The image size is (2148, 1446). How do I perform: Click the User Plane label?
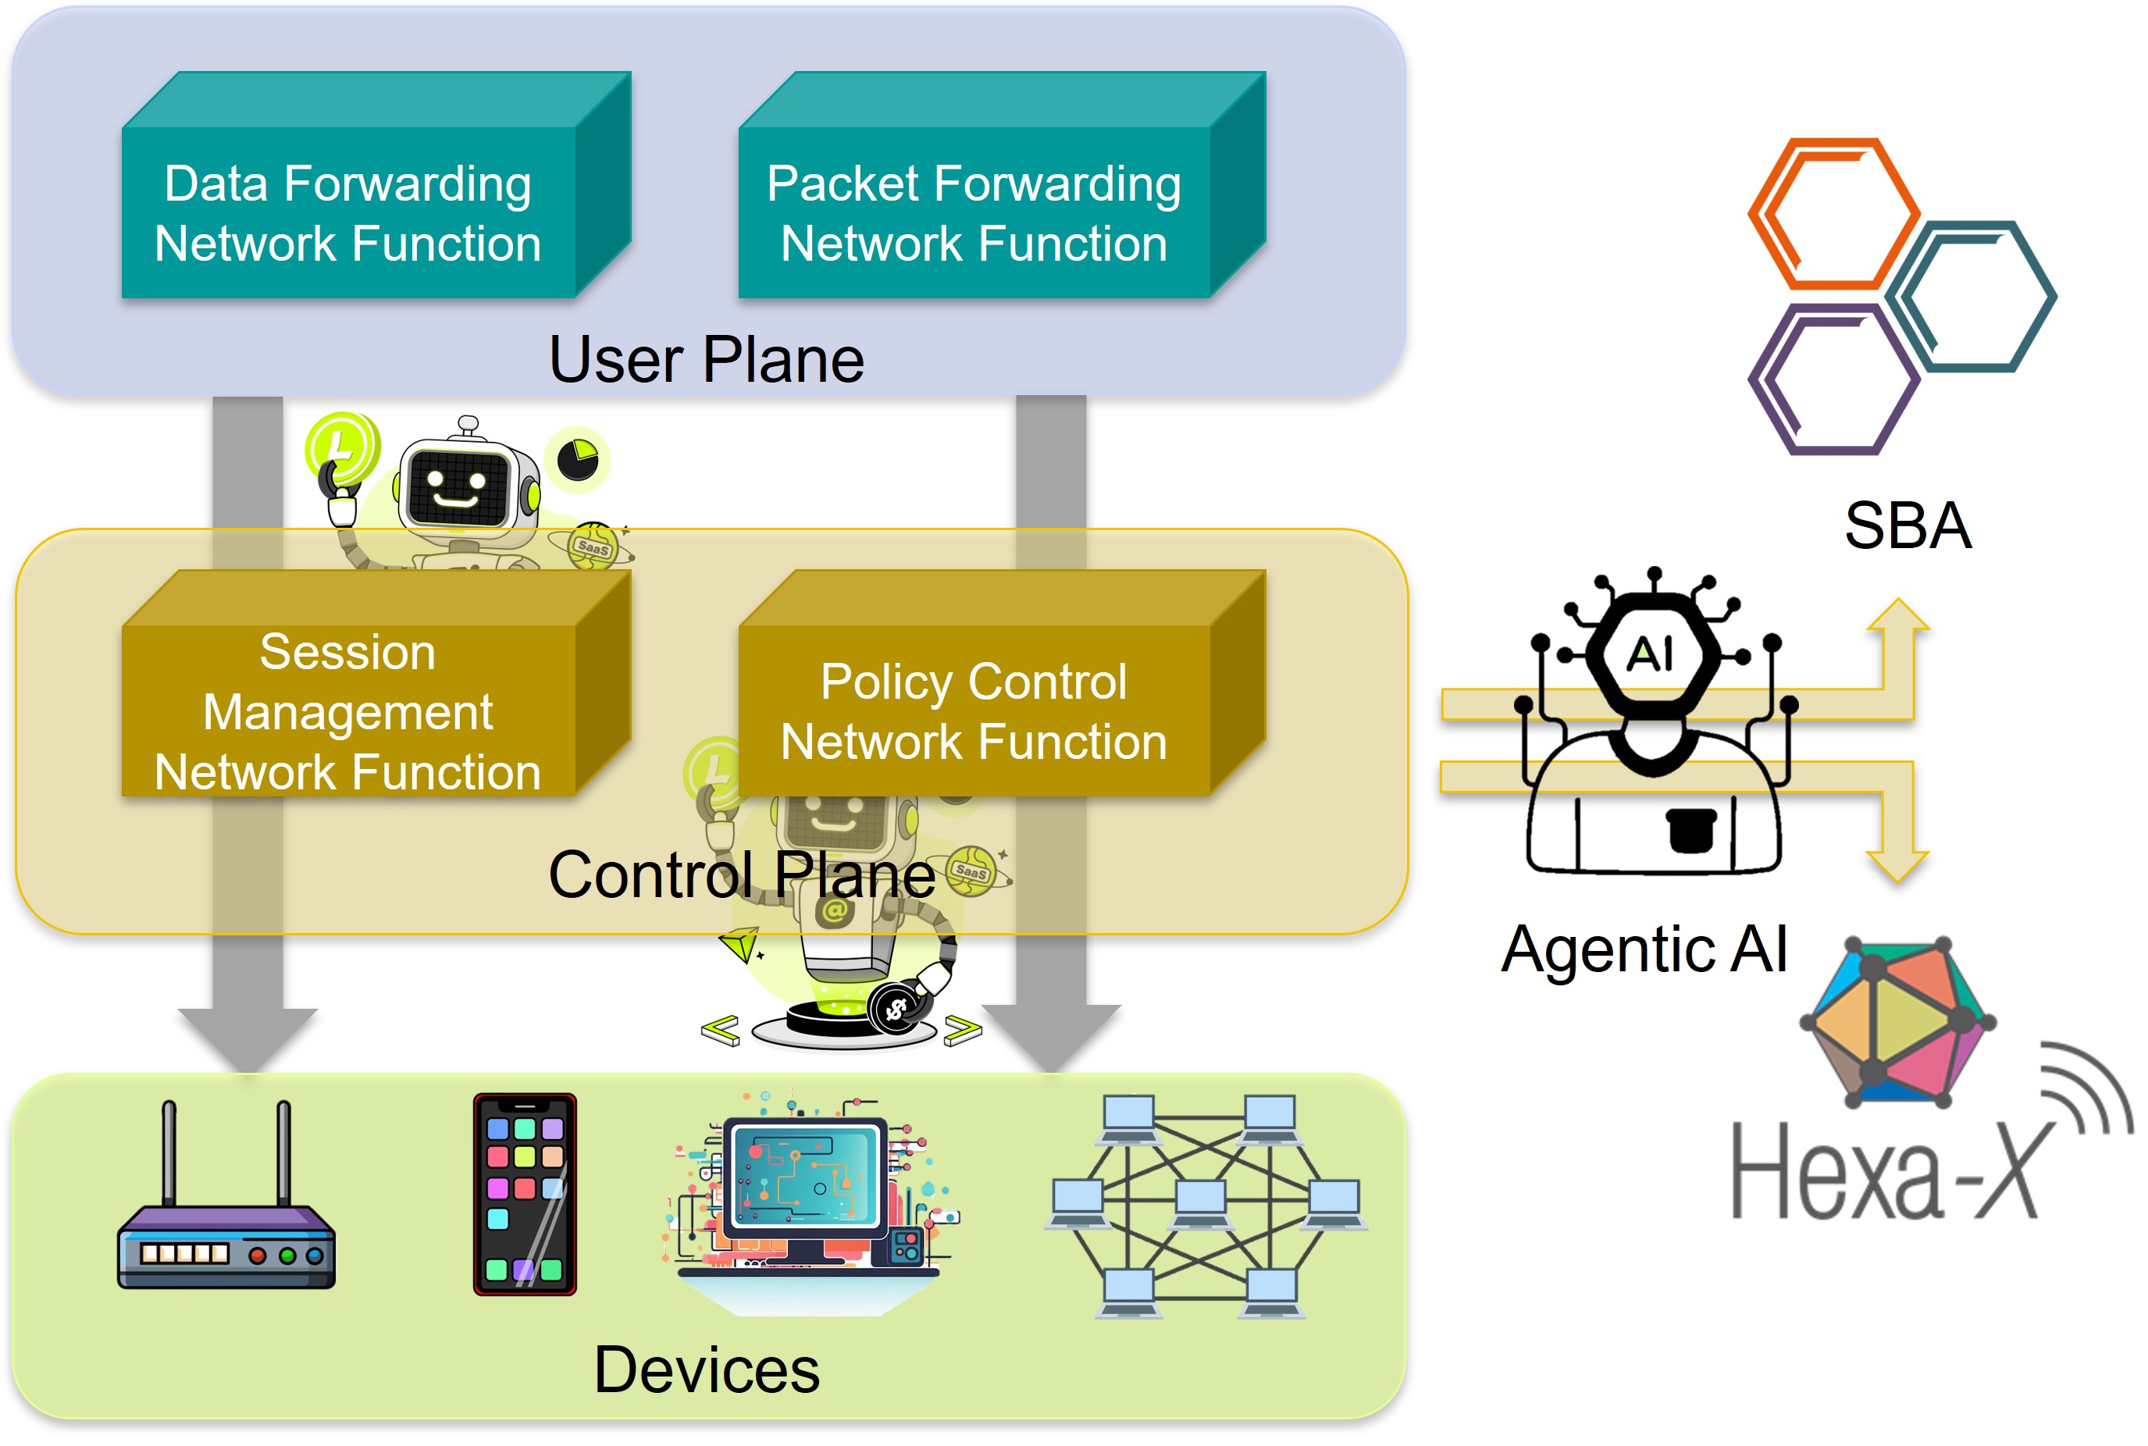click(x=707, y=360)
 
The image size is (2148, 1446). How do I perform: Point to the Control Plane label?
click(x=742, y=874)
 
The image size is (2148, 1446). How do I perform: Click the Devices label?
click(x=707, y=1369)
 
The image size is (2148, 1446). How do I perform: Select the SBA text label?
click(x=1908, y=525)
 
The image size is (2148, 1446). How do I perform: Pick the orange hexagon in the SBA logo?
click(x=1833, y=214)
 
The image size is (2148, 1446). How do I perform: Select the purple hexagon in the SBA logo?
click(x=1833, y=380)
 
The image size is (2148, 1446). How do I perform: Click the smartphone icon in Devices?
click(x=525, y=1195)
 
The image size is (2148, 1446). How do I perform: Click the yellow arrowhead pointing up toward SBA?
click(x=1898, y=616)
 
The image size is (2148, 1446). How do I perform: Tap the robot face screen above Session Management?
click(x=458, y=485)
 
